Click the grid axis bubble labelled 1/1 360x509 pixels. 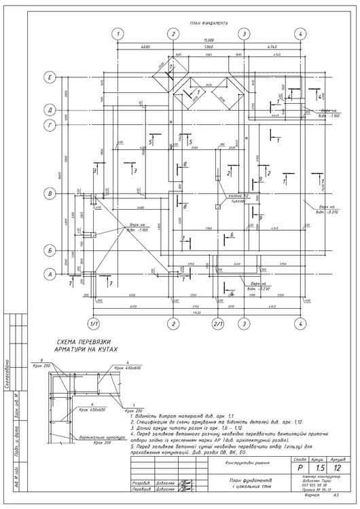(94, 324)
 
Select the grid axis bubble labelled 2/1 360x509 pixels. (218, 324)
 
